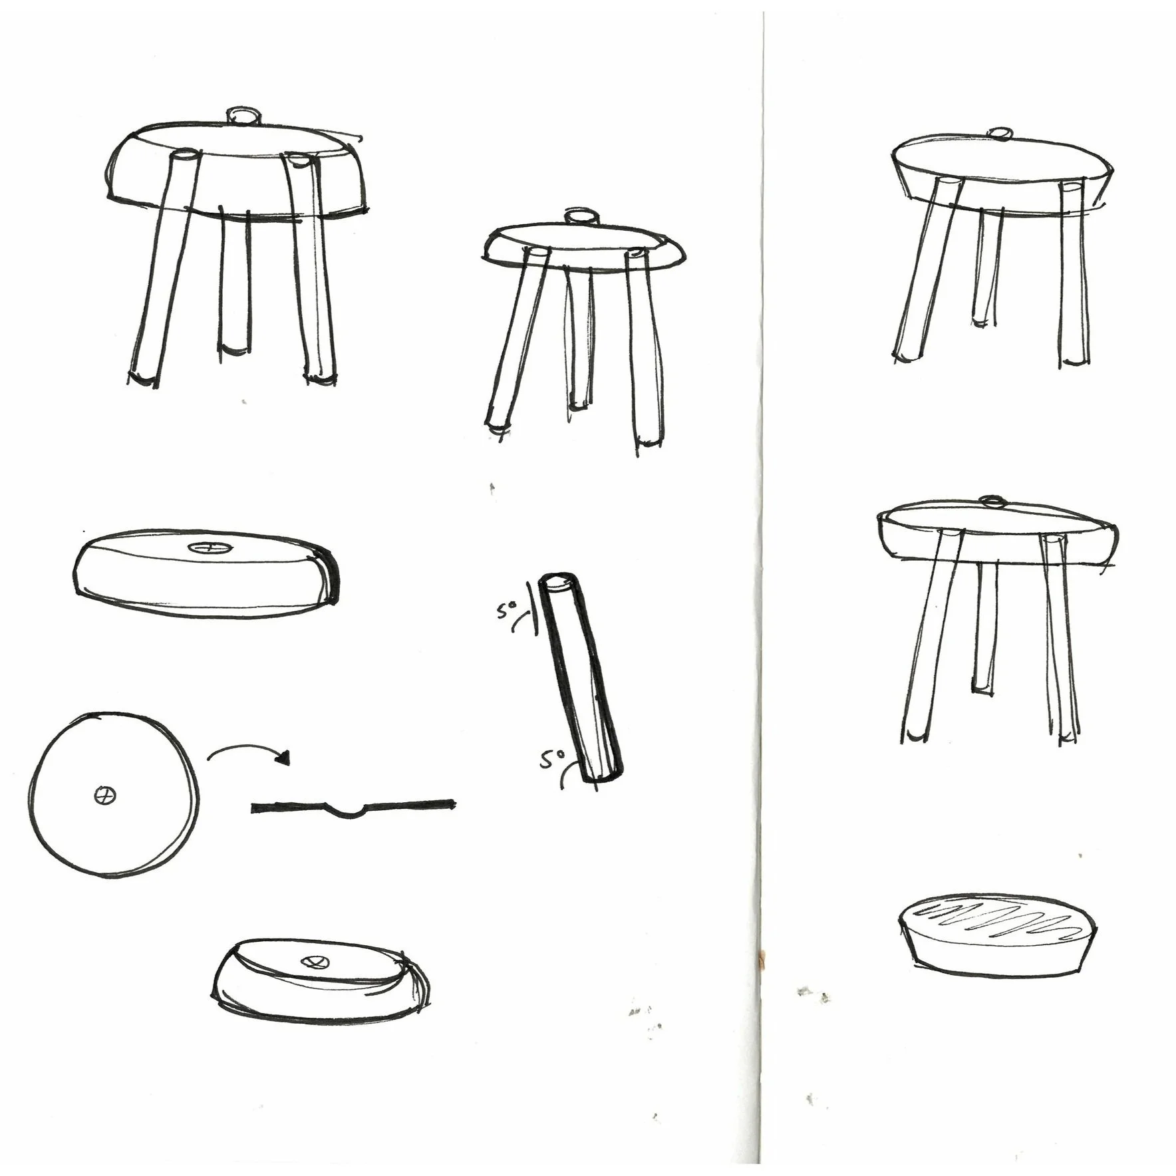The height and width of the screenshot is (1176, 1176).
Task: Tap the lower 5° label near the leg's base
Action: click(x=551, y=759)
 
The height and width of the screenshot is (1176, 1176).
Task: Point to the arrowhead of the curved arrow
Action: click(x=285, y=758)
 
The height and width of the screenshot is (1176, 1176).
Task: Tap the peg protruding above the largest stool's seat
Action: click(x=243, y=116)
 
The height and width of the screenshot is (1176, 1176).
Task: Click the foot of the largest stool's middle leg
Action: click(x=235, y=349)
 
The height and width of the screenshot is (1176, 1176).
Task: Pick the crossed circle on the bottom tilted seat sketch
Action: click(x=314, y=961)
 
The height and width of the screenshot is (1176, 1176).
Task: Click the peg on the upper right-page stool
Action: click(x=997, y=134)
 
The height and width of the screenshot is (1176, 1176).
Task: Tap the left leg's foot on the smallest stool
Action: click(x=497, y=428)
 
